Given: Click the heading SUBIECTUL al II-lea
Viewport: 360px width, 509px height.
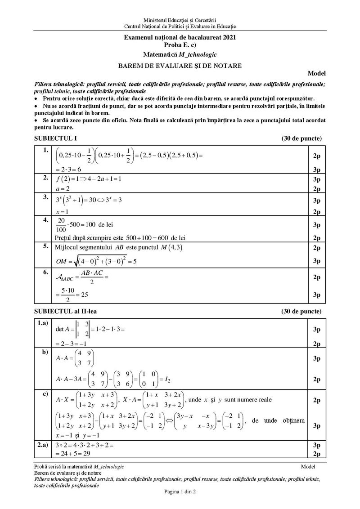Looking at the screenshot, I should click(x=65, y=311).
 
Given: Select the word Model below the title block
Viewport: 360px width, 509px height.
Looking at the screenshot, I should click(x=316, y=73).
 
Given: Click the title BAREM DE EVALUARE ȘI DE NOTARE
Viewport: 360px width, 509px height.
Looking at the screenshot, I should click(x=180, y=66).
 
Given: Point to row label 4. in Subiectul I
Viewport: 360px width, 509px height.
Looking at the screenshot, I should click(x=45, y=220).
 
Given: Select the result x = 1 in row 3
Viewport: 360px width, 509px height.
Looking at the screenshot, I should click(x=62, y=212).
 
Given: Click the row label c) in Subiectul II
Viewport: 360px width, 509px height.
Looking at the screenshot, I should click(x=45, y=394).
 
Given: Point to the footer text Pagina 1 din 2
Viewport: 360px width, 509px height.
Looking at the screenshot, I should click(x=180, y=492).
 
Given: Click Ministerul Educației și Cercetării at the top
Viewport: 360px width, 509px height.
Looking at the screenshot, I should click(x=180, y=20).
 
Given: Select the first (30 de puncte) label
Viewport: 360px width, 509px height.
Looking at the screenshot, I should click(x=301, y=138).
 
